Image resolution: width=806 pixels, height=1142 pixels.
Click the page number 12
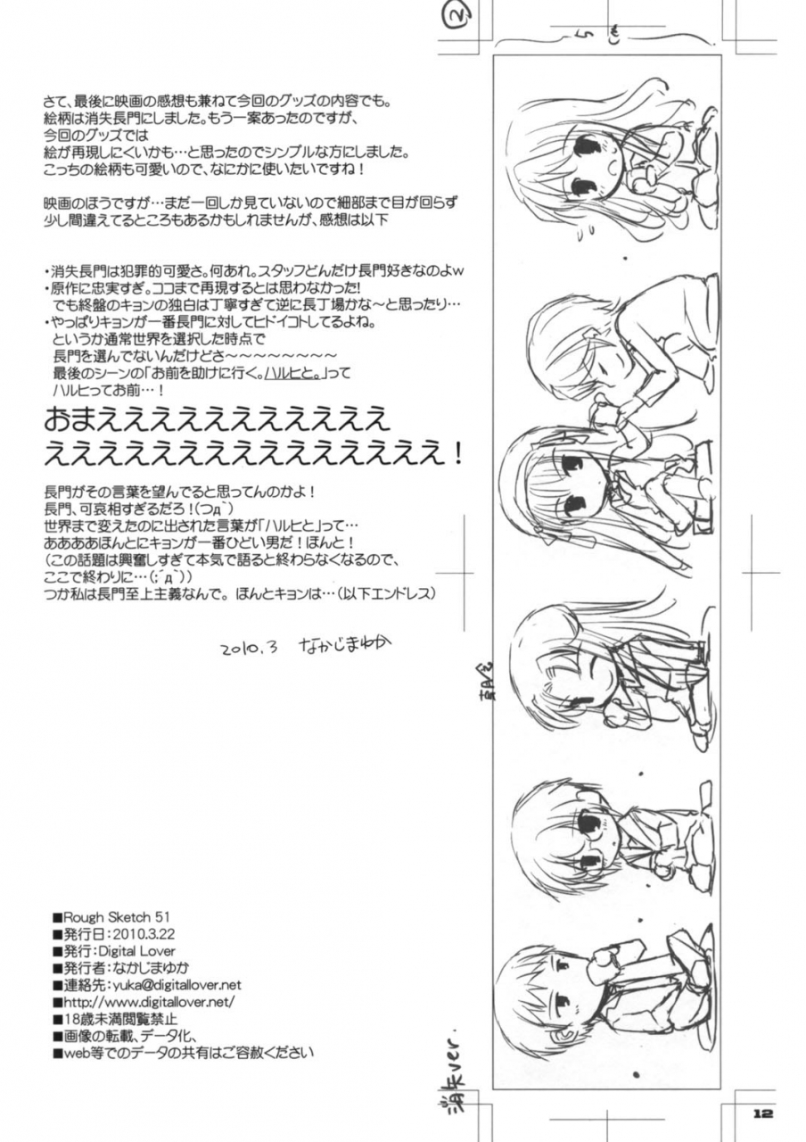pos(761,1113)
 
